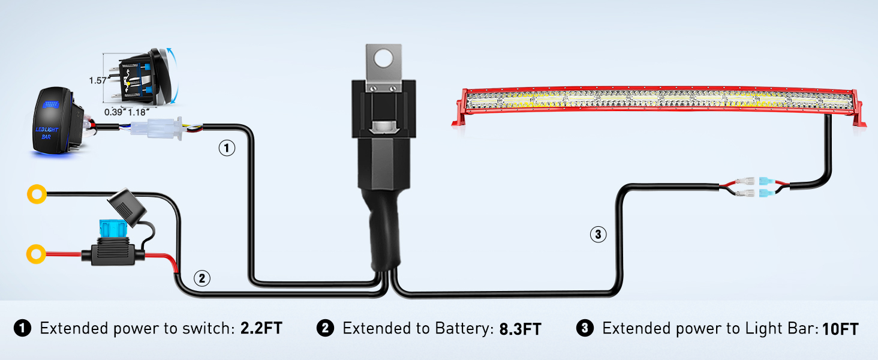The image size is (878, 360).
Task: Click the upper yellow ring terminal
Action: coord(37,194)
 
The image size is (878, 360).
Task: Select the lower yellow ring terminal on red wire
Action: coord(36,253)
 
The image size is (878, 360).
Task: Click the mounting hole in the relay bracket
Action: coord(382,58)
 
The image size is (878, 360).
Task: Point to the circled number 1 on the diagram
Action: coord(226,148)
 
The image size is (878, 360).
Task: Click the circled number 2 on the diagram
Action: coord(202,278)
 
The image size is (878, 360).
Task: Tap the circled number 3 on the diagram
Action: coord(598,235)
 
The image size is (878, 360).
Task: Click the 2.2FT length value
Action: coord(261,328)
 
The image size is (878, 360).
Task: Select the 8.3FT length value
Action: coord(520,329)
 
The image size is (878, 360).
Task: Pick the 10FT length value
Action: coord(840,329)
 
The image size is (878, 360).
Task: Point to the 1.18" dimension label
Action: coord(139,111)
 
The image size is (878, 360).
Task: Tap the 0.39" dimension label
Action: coord(116,111)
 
